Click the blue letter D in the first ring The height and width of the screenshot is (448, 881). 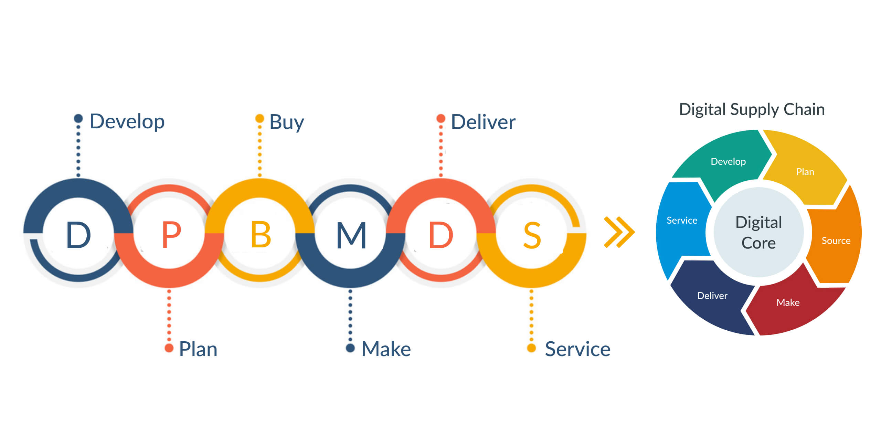78,235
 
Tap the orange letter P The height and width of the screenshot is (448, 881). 171,235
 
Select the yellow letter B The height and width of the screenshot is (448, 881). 261,235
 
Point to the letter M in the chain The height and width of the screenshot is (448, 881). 351,235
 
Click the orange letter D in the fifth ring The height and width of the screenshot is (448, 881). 441,235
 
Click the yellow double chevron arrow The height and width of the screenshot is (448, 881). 619,232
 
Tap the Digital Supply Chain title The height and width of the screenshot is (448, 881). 752,109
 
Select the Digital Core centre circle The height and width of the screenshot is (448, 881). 758,233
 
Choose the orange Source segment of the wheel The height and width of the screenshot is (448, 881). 836,241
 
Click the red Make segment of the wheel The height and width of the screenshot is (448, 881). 788,303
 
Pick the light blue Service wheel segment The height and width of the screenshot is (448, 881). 682,220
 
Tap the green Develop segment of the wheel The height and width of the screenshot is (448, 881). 728,161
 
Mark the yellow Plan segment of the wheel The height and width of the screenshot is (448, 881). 805,172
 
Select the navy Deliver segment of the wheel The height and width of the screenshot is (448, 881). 712,296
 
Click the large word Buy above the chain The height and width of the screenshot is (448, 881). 286,122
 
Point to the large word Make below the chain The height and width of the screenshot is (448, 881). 386,349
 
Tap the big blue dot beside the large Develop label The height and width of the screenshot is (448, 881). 78,118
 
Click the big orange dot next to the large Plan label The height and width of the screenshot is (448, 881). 169,348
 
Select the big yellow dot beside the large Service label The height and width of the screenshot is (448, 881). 531,348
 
